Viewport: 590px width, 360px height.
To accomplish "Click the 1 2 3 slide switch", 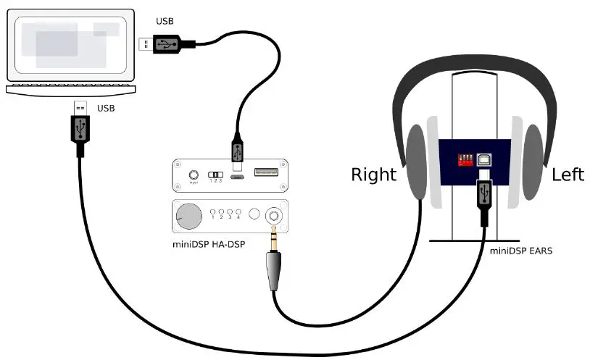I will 215,175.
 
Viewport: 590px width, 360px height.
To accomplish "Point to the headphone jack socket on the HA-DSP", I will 275,215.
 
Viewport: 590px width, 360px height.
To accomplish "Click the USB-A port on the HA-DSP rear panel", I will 265,174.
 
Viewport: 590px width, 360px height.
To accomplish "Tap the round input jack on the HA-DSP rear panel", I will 194,175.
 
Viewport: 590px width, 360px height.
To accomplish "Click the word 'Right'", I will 373,175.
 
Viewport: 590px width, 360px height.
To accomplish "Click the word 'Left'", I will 568,175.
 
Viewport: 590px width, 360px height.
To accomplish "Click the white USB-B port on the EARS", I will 483,160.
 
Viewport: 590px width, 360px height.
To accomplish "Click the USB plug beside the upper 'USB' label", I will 166,44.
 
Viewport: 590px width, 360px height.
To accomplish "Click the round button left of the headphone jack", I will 254,215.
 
